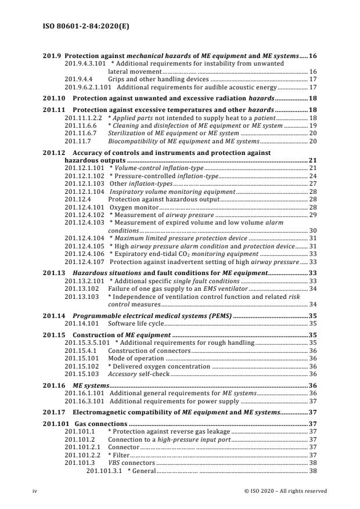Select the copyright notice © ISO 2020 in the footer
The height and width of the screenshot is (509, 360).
286,491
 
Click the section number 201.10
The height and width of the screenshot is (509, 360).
54,99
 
